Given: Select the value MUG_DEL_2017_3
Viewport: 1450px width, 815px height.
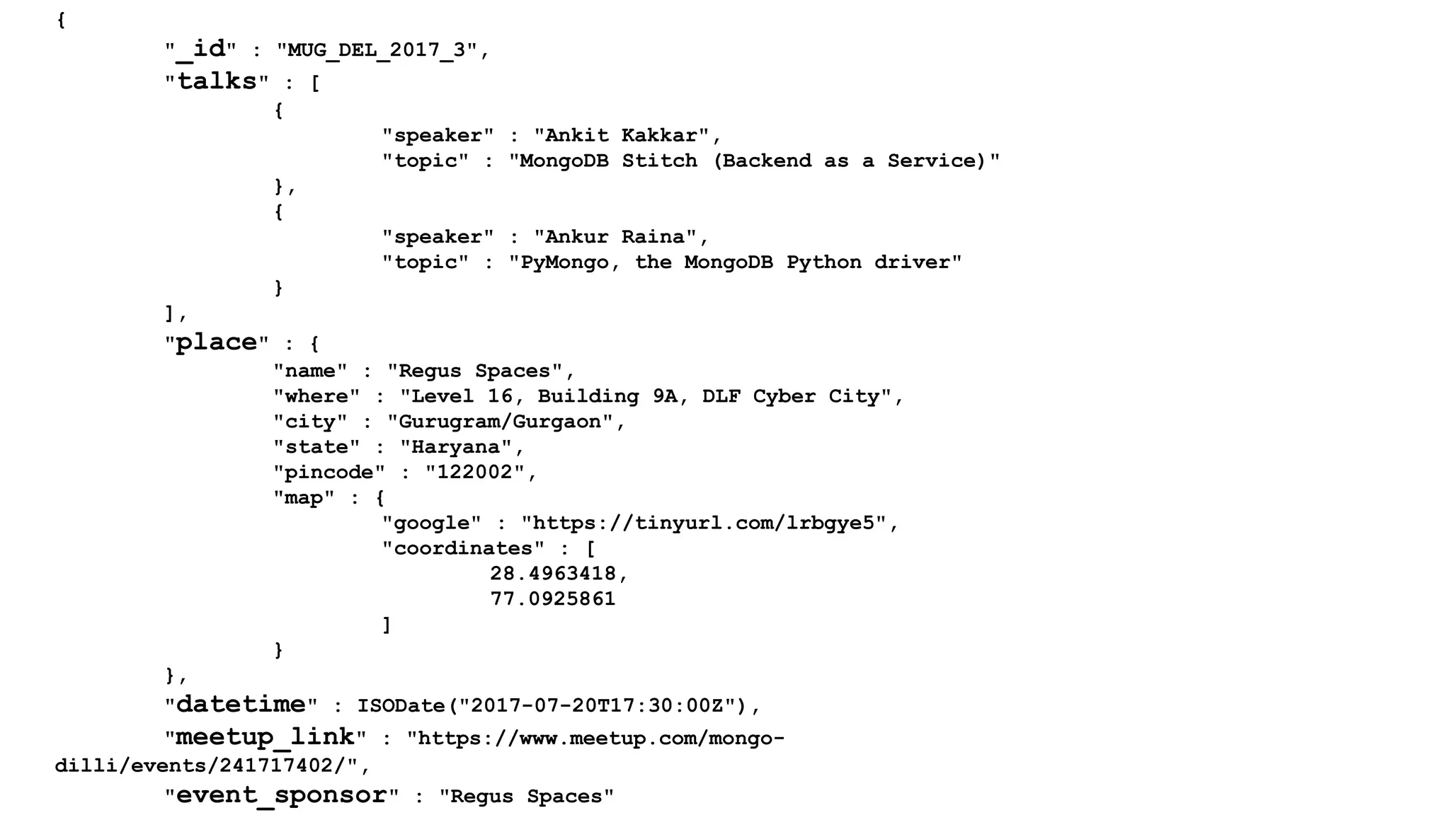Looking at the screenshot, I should pos(377,50).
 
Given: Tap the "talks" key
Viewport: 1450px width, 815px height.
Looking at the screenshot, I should pos(217,81).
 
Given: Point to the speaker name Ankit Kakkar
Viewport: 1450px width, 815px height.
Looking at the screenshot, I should pos(621,135).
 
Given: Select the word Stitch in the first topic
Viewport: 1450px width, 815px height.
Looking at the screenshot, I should pos(659,161).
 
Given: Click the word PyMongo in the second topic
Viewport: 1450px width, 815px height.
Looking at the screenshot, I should pos(564,262).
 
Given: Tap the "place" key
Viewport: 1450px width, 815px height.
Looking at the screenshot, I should pos(217,342).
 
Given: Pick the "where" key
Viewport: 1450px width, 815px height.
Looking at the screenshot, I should pos(316,396).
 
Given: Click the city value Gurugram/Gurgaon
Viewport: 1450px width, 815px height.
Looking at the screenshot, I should pos(500,422).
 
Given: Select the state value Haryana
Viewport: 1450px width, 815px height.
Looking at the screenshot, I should pos(455,447).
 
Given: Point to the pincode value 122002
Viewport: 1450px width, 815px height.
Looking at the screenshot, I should pos(474,472).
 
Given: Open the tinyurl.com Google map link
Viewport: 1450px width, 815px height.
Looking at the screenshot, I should pos(703,523).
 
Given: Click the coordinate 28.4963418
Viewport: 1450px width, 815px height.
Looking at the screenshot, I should pos(552,573).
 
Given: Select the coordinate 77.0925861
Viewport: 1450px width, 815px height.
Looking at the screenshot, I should pos(552,599).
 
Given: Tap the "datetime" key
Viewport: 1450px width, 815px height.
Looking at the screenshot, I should pos(241,705).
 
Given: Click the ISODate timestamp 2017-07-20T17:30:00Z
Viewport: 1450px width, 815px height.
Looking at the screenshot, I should pos(597,705).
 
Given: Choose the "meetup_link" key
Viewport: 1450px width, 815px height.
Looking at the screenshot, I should pos(265,737).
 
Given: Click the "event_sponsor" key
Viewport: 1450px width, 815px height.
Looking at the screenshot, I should pos(281,795).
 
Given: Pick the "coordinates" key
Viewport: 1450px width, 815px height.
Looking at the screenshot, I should pos(463,548).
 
